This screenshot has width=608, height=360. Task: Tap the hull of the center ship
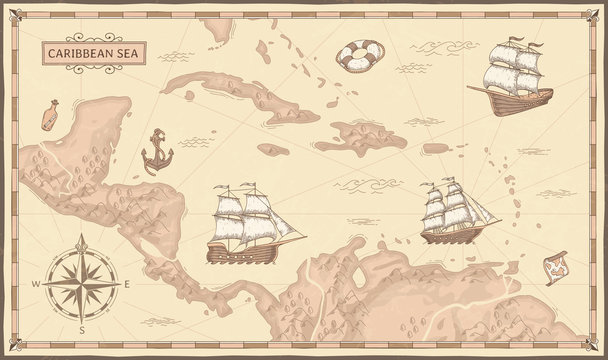click(x=240, y=253)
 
